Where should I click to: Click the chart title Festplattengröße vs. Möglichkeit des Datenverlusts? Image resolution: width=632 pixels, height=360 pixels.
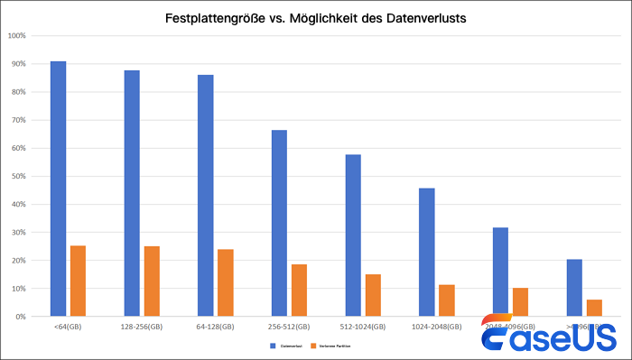(x=316, y=18)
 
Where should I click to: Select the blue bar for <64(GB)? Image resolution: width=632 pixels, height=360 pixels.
(x=58, y=189)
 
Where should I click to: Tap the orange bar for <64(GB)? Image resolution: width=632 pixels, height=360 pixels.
(x=78, y=281)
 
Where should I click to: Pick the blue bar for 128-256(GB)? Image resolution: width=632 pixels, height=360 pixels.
(x=132, y=193)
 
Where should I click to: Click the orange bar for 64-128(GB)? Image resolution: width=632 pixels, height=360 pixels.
(x=226, y=282)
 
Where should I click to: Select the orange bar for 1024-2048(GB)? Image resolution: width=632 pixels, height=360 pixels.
(x=447, y=300)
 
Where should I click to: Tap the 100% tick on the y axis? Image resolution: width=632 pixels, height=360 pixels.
(x=16, y=36)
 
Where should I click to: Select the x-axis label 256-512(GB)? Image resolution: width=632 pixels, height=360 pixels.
(x=289, y=327)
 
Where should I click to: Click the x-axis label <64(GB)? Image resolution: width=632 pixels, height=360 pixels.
(x=68, y=327)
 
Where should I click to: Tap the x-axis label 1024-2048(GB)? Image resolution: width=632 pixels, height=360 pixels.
(x=437, y=327)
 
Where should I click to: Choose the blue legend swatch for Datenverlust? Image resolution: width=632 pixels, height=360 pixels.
(x=271, y=346)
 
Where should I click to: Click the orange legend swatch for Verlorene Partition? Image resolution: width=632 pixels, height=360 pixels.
(x=312, y=346)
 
